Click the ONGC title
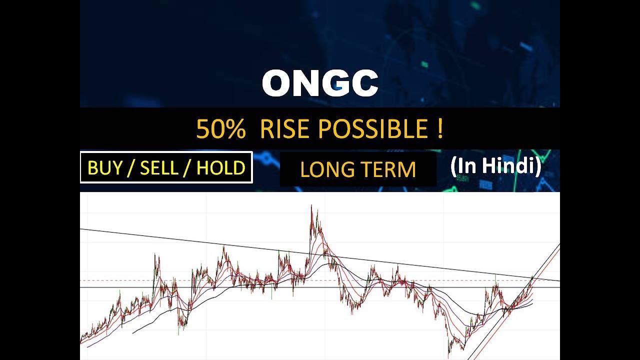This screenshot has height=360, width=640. [320, 83]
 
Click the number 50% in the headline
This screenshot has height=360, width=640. [220, 129]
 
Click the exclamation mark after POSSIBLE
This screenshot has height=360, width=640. [439, 129]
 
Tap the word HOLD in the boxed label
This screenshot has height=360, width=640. [220, 168]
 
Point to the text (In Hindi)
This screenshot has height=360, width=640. [495, 166]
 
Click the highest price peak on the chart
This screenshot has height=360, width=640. [311, 206]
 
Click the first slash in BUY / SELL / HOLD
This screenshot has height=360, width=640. [131, 168]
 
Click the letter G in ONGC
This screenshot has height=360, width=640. [336, 83]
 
